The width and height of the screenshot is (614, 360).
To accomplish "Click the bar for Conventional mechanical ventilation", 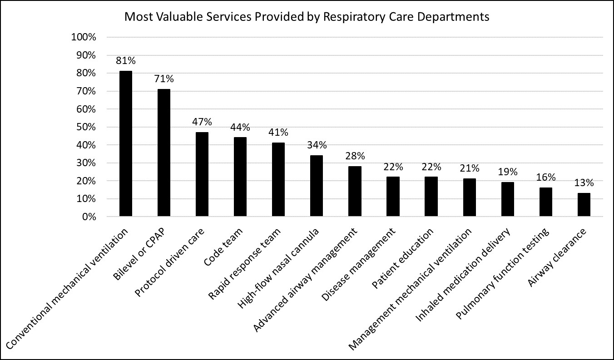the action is tap(126, 143).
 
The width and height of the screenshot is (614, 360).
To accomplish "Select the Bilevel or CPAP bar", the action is tap(164, 153).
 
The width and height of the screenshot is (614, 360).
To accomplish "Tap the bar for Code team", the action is tap(240, 177).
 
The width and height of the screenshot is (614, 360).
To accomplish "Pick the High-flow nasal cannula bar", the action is tap(317, 186).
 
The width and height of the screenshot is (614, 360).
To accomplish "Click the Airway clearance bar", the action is tap(584, 205).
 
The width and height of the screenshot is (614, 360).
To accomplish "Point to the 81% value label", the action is tap(126, 61).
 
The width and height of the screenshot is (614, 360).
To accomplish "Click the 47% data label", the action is tap(202, 122).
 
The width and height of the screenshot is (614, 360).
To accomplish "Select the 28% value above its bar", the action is tap(355, 156).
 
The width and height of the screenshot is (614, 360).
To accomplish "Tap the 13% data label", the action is tap(584, 183).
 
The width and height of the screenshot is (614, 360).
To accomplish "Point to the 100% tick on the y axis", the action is tap(84, 37).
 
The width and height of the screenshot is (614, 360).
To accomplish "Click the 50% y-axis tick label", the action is tap(86, 127).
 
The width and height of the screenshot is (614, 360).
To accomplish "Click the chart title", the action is tap(307, 17).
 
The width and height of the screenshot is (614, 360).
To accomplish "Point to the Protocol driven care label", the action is tap(170, 262).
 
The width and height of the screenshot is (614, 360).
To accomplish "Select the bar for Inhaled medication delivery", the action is tap(508, 199).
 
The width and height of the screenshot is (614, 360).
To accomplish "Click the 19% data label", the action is tap(508, 172).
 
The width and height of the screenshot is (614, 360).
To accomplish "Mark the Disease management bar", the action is tap(393, 197).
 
